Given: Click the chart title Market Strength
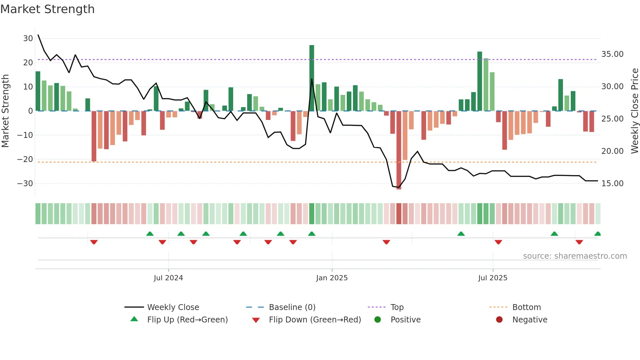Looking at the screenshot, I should point(47,9).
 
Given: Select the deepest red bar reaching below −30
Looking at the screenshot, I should point(399,150).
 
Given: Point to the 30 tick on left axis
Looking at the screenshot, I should point(28,39).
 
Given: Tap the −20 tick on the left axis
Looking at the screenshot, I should point(25,159).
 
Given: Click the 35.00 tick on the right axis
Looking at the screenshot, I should point(612,54).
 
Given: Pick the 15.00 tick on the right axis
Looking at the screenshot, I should point(612,184).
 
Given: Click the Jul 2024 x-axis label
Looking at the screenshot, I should point(168,278).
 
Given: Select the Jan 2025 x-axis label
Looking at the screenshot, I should point(332,278).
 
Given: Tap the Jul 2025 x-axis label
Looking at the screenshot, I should point(492,278).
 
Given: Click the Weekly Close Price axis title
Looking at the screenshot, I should point(634,111).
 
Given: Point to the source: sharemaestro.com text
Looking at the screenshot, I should point(575,256).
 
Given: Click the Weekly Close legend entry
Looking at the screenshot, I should point(173,307).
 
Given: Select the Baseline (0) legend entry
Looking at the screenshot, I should point(292,307).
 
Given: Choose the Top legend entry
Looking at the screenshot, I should point(397,307).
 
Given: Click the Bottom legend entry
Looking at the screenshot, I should point(526,307).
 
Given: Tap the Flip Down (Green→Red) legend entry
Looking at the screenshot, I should point(314,320).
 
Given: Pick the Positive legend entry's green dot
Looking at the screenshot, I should point(377,320).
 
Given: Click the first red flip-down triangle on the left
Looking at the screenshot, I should point(94,242).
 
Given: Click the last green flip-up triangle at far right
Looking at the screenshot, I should point(598,234).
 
